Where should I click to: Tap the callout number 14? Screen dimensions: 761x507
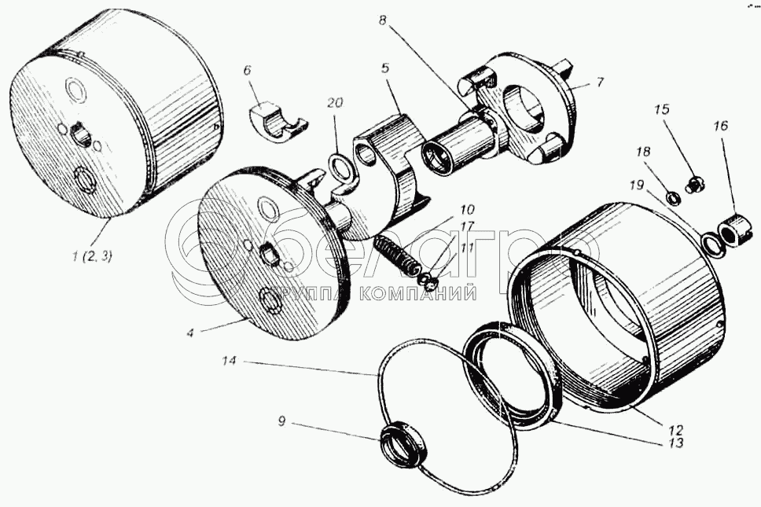(x=230, y=362)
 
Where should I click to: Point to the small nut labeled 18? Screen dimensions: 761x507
(x=673, y=197)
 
